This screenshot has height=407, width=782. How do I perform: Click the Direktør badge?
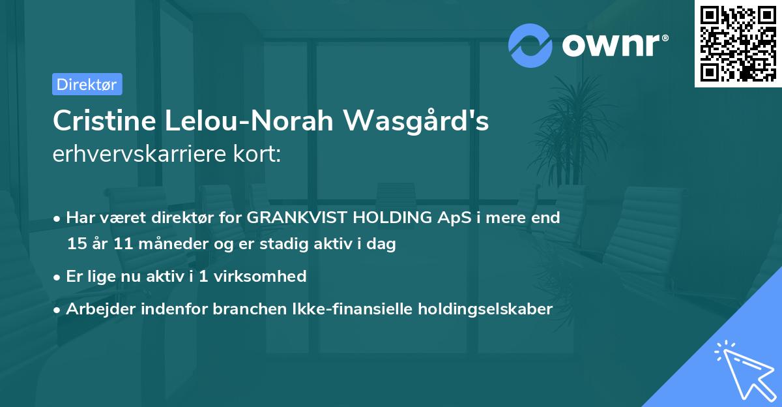(87, 84)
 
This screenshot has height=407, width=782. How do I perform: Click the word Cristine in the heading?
(100, 121)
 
